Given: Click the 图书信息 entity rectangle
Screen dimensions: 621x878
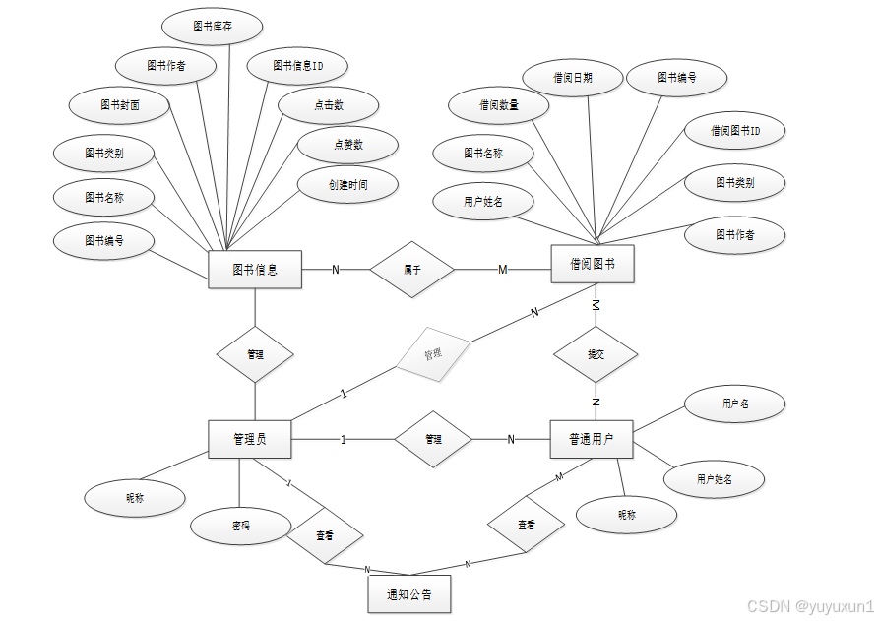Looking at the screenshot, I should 255,270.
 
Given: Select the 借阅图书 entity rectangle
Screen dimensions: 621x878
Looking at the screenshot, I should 592,264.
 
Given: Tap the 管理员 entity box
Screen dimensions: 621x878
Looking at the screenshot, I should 250,439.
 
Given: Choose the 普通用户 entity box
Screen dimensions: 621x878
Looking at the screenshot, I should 591,439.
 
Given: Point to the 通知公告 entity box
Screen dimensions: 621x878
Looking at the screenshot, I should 409,593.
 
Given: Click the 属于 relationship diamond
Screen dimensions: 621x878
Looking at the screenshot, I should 412,269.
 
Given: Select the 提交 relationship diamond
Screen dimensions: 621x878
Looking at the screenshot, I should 596,353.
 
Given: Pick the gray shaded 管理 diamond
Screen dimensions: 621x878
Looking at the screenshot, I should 433,354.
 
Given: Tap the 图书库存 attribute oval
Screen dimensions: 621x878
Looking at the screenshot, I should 213,27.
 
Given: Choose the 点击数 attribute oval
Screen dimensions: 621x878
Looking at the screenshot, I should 329,105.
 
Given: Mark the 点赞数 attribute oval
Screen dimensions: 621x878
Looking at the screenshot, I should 347,145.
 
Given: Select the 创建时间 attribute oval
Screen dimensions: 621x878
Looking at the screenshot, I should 347,184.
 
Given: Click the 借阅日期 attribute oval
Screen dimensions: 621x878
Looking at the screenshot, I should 573,77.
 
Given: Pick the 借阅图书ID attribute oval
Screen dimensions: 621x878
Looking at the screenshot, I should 735,130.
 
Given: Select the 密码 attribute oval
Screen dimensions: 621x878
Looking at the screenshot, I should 240,526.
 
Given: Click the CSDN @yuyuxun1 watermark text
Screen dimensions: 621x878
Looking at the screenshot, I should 809,606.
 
